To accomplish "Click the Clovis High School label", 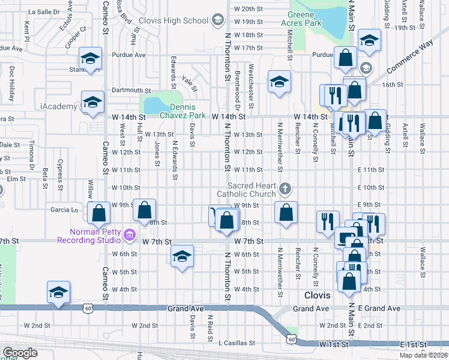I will (173, 20).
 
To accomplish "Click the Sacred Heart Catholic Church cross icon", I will (285, 190).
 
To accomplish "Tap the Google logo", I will (20, 353).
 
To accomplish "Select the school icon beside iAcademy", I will (92, 102).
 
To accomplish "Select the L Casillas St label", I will (237, 344).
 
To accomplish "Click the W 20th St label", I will (249, 9).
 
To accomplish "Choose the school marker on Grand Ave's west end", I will (58, 293).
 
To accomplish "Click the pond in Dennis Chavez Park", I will (155, 106).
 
